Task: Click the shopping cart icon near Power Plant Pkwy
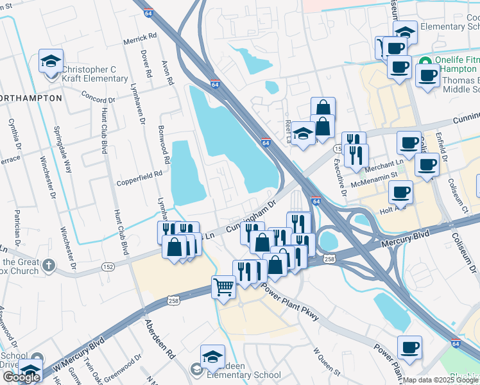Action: [223, 286]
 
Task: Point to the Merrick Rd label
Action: [140, 40]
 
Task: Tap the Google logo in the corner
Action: [21, 377]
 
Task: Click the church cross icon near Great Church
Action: [49, 264]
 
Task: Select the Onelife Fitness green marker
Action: [424, 62]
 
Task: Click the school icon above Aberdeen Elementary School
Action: [212, 356]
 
